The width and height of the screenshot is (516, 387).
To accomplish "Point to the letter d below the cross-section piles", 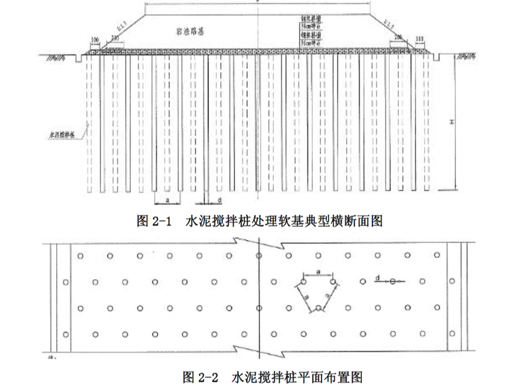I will pyautogui.click(x=219, y=198).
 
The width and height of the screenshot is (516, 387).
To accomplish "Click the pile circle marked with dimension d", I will pyautogui.click(x=393, y=282).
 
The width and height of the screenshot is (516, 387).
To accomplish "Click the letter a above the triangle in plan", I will pyautogui.click(x=318, y=271).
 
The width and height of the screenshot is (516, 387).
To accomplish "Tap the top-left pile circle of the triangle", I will pyautogui.click(x=302, y=281).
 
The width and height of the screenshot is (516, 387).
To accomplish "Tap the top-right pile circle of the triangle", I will pyautogui.click(x=333, y=281).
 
